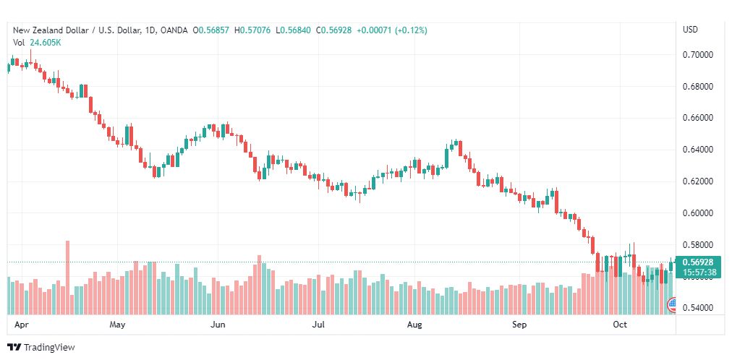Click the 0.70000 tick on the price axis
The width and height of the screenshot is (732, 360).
click(x=698, y=55)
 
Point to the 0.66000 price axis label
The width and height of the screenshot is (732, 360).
click(x=698, y=118)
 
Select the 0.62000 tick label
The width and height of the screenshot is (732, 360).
click(x=698, y=181)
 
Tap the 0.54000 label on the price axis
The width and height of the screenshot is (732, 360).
click(x=698, y=308)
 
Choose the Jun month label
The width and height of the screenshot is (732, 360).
click(x=218, y=325)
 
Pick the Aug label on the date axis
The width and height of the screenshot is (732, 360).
click(x=414, y=325)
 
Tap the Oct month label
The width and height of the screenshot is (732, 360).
click(x=620, y=325)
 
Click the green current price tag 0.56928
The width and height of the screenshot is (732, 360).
click(x=698, y=262)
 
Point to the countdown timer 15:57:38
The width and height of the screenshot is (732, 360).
click(x=698, y=272)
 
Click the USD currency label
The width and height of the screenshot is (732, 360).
click(x=691, y=30)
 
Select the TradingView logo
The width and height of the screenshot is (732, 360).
click(x=41, y=348)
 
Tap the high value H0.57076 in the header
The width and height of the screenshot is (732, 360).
click(x=253, y=30)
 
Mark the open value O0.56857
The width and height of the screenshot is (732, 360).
click(x=213, y=30)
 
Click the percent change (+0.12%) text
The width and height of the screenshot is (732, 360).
click(x=411, y=30)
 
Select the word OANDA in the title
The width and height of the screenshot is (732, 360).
click(x=174, y=30)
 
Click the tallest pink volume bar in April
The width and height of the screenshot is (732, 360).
click(x=68, y=278)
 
